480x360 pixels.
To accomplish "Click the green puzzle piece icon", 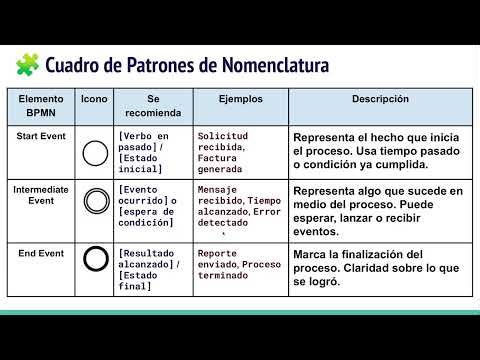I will click(x=27, y=66).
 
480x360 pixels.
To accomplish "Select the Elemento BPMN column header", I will click(x=41, y=107).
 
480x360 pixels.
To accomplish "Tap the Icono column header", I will click(x=94, y=100).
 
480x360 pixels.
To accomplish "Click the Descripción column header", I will click(x=380, y=100).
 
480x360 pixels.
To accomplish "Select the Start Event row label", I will click(x=41, y=135).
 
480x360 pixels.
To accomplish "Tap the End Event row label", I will click(x=41, y=254).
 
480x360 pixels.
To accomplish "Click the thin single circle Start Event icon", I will click(x=94, y=153).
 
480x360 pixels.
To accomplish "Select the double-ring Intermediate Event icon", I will click(x=94, y=202).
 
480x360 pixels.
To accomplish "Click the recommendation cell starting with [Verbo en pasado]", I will click(x=151, y=153).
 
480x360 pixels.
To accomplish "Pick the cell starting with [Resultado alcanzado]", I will click(x=151, y=267).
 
